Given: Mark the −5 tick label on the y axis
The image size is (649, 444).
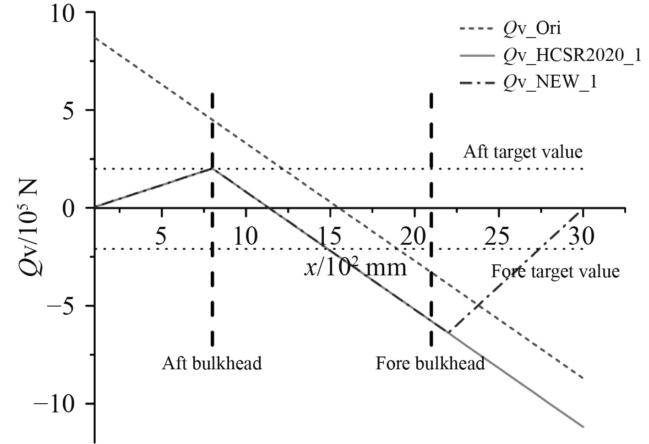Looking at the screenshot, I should click(66, 306).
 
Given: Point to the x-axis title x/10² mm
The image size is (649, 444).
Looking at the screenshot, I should click(355, 266).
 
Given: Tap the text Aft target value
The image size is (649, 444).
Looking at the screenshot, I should click(523, 152).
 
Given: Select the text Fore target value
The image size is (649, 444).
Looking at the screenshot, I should click(555, 271).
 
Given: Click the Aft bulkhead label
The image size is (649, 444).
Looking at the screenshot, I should click(212, 363).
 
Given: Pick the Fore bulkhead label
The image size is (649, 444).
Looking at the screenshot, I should click(430, 363).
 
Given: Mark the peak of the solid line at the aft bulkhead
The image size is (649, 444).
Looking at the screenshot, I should click(212, 169).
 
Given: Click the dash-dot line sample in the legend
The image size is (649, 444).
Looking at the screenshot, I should click(477, 82).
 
